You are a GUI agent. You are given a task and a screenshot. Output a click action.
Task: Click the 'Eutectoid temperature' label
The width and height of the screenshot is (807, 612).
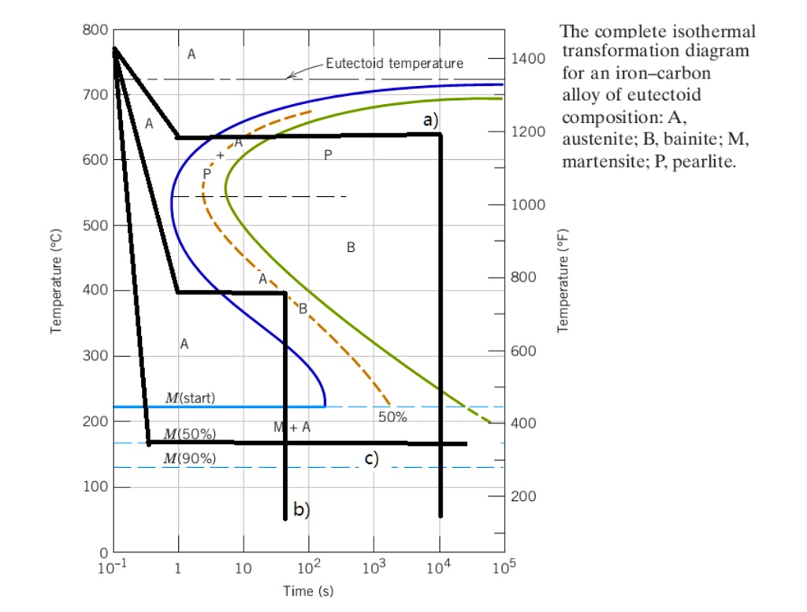394,63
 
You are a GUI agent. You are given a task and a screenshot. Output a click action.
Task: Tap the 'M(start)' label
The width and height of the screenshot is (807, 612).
189,398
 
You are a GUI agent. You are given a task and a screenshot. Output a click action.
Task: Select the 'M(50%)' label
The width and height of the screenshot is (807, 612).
189,434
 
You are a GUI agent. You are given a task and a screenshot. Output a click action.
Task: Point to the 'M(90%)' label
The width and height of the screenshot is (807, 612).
189,458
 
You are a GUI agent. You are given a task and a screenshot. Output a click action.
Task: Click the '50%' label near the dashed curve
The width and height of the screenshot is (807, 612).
392,417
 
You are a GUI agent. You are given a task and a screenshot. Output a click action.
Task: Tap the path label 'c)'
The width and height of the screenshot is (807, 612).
370,459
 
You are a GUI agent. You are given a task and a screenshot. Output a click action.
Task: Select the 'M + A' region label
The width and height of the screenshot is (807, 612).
292,428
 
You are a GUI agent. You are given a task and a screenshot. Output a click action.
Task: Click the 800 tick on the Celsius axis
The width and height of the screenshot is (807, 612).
95,30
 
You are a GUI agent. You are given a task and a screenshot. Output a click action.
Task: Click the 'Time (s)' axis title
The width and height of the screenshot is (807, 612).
309,591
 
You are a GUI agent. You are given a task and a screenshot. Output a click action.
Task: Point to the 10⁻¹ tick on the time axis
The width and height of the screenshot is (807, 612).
113,568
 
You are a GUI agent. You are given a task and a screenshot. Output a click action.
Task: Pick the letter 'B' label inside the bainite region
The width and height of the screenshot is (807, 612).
351,248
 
